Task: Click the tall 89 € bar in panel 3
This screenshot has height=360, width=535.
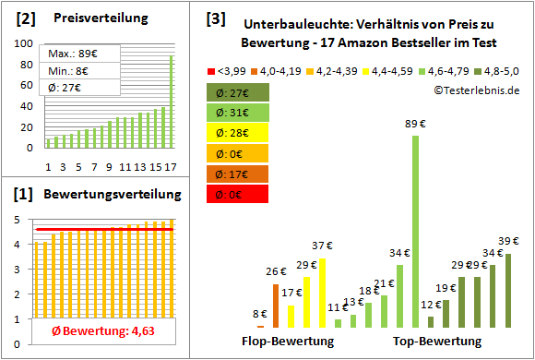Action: point(415,231)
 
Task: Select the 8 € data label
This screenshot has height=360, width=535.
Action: point(260,315)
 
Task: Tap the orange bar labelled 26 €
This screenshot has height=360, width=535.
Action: point(276,306)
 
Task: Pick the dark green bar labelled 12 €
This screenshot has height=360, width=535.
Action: point(431,321)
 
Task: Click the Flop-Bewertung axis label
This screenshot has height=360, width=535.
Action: point(288,342)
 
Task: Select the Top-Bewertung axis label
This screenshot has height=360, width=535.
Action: point(437,342)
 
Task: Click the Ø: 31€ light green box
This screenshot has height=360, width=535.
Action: point(238,113)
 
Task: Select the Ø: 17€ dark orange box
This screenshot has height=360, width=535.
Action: point(238,174)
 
